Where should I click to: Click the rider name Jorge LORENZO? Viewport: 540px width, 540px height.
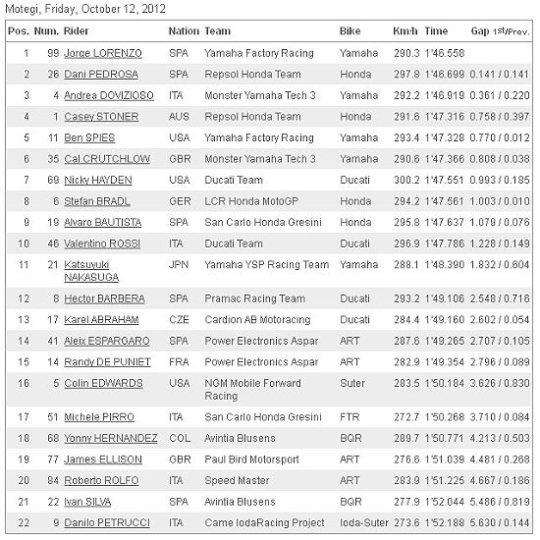[x=103, y=52]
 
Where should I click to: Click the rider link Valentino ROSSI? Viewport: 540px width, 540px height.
[x=102, y=243]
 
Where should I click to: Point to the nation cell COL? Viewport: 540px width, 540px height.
[x=177, y=438]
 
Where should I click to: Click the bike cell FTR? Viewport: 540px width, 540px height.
[x=349, y=416]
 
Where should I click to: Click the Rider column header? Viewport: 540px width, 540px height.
[x=78, y=31]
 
